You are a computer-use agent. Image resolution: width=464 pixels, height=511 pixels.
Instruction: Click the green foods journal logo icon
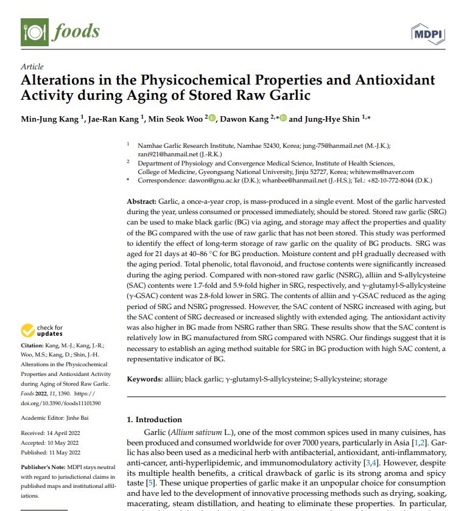click(34, 31)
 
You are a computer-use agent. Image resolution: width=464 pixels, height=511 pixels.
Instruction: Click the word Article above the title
click(32, 67)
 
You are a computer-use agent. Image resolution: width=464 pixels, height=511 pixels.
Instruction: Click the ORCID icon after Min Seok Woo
click(213, 119)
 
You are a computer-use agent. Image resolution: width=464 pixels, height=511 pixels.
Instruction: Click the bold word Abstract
click(141, 201)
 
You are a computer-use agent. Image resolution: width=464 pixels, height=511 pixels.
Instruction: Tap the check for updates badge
click(42, 331)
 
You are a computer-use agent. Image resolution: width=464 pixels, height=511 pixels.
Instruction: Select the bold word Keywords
click(144, 379)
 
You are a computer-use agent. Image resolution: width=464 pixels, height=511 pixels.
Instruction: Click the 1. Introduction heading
click(154, 419)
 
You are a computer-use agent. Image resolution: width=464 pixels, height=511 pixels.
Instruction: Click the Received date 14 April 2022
click(68, 433)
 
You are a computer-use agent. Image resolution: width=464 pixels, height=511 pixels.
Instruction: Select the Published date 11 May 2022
click(68, 452)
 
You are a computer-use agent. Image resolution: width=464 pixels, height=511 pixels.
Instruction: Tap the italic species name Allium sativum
click(199, 431)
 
